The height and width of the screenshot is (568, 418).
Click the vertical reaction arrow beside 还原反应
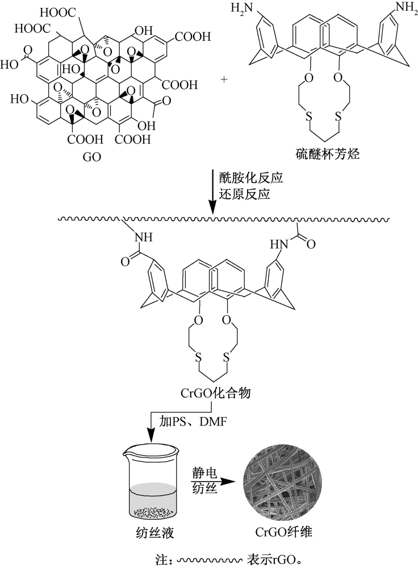click(x=212, y=192)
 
